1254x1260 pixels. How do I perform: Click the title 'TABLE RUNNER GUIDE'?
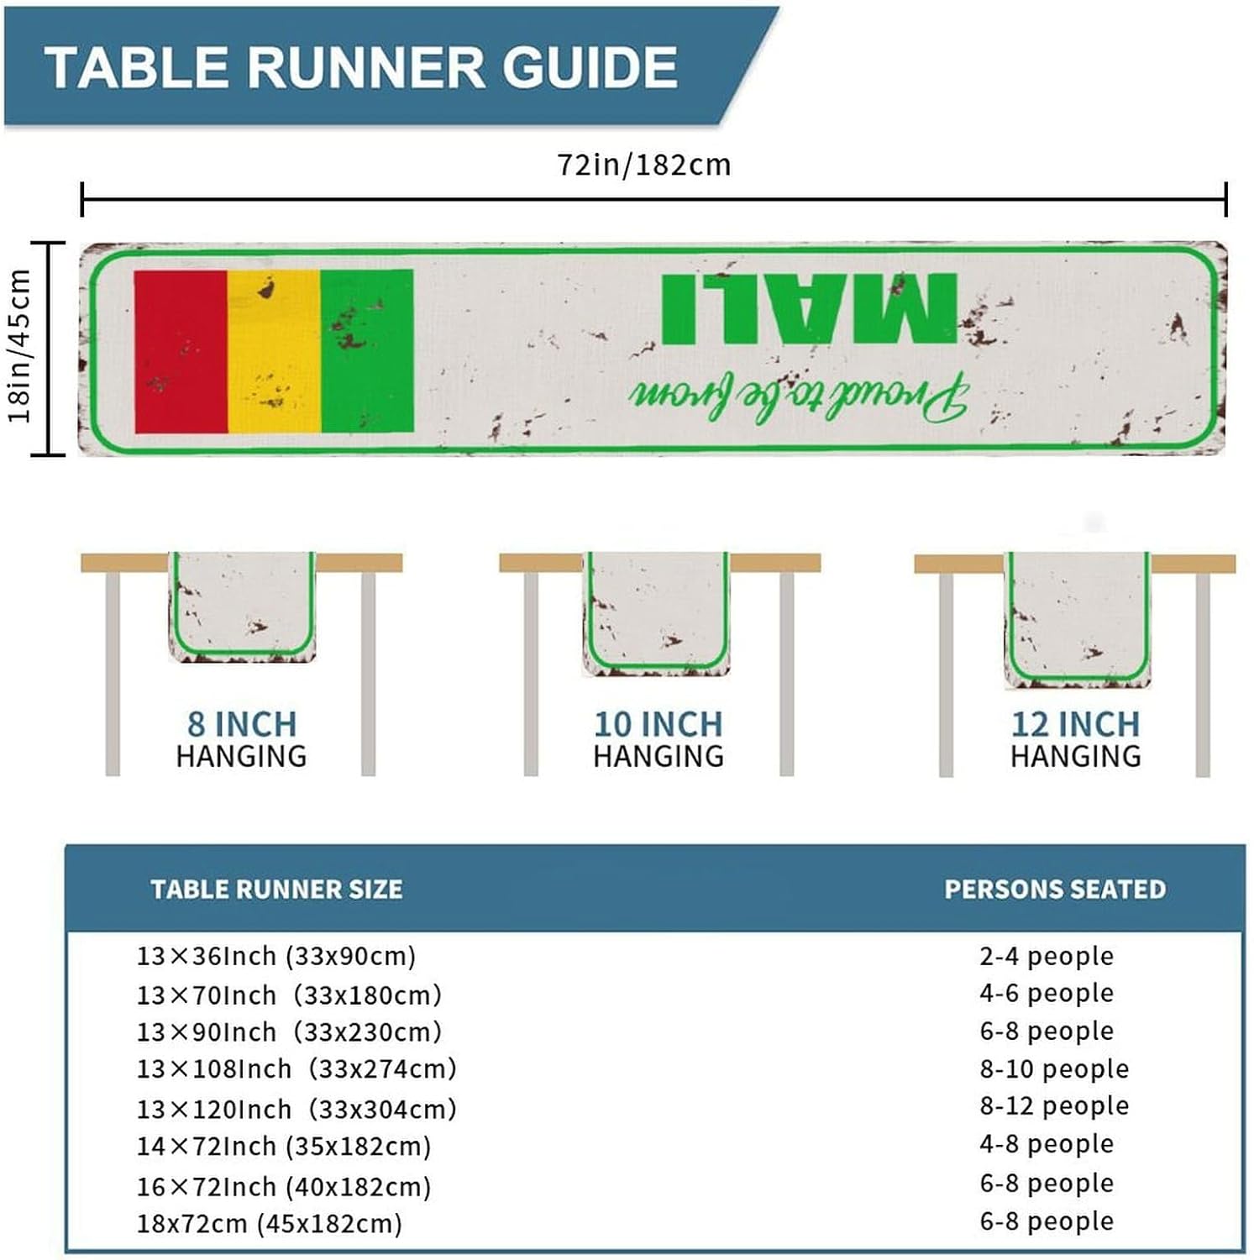coord(361,67)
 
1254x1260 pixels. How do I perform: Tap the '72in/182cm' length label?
coord(644,165)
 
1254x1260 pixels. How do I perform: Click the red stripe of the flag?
coord(181,351)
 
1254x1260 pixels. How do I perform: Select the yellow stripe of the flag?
coord(274,351)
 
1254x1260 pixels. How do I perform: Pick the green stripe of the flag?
coord(367,351)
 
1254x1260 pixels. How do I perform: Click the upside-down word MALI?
coord(809,307)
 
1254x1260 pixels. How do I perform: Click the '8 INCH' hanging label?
coord(242,724)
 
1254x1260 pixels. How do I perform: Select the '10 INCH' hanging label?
coord(658,724)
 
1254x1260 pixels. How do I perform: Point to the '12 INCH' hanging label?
coord(1075,724)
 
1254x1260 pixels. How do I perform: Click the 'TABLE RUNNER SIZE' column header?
coord(276,889)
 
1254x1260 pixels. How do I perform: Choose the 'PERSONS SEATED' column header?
coord(1055,889)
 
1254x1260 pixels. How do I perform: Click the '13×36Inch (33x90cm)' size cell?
coord(276,956)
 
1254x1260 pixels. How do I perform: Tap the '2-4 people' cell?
coord(1047,956)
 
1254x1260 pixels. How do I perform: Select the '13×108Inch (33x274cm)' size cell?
coord(296,1068)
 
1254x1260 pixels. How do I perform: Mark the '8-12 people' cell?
coord(1054,1105)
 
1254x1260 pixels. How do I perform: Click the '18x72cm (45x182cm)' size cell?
coord(270,1223)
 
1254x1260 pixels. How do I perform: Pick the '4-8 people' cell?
coord(1047,1143)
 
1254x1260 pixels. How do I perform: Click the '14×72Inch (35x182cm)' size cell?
coord(284,1146)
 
